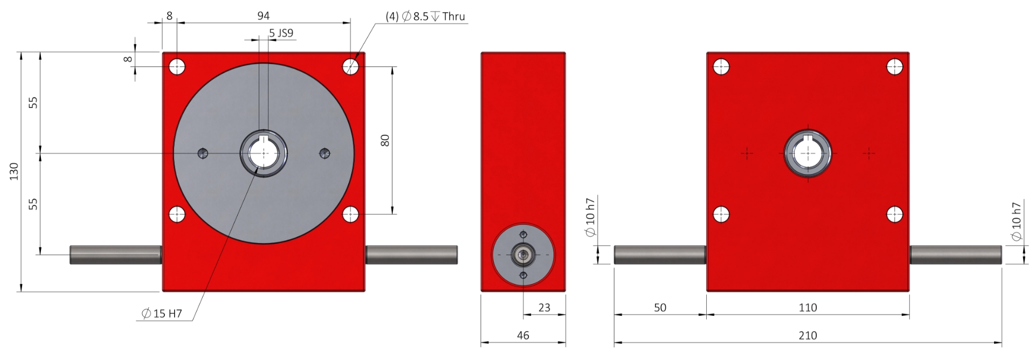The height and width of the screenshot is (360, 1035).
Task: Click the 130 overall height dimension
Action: (x=14, y=171)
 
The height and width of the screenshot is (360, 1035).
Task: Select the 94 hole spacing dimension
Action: (x=263, y=16)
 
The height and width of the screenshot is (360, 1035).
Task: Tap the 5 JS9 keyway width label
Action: (x=281, y=33)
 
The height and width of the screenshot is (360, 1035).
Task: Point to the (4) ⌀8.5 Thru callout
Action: (x=425, y=16)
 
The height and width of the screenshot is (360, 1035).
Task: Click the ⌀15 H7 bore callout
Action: (x=162, y=313)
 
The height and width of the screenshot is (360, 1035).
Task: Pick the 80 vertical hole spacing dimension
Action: (x=385, y=141)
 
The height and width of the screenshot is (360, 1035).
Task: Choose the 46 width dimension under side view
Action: (x=523, y=335)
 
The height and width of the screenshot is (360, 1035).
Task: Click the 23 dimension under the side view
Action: (x=544, y=307)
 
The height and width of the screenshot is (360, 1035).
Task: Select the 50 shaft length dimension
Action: (x=660, y=307)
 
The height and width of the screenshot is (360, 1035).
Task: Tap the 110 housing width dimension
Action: (x=808, y=307)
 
